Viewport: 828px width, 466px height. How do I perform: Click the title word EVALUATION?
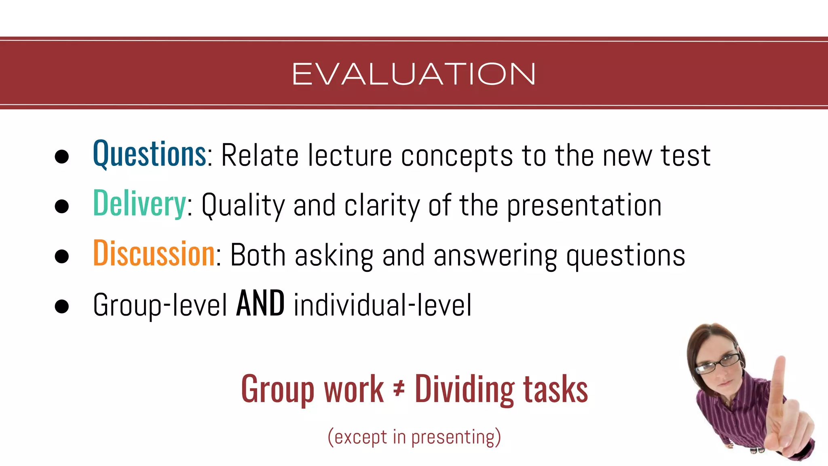coord(414,74)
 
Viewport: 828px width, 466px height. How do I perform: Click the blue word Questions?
coord(150,155)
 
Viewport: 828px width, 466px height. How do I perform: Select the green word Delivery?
coord(139,204)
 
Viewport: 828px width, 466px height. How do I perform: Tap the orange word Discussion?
coord(154,254)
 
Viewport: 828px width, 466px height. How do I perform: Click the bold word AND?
coord(260,304)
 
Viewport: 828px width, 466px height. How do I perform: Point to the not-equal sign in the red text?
coord(399,389)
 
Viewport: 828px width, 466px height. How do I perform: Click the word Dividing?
coord(465,389)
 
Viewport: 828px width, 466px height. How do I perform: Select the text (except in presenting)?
coord(414,437)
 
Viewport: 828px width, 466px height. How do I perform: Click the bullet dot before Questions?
coord(61,157)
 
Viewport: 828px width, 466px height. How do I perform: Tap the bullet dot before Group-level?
coord(61,306)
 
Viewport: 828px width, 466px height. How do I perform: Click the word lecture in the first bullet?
coord(350,156)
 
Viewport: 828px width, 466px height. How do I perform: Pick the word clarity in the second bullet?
coord(382,205)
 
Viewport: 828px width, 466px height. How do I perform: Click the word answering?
coord(495,256)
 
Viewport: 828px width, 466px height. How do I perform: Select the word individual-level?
coord(382,305)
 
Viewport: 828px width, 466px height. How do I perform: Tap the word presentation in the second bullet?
coord(584,205)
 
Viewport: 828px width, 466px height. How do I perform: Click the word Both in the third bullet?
coord(258,255)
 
